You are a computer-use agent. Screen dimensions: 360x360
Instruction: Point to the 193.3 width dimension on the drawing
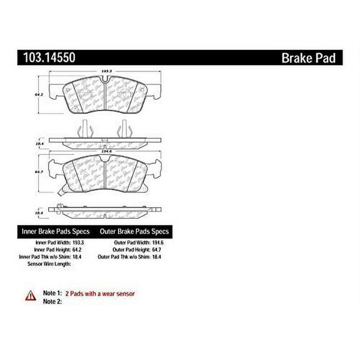(x=107, y=71)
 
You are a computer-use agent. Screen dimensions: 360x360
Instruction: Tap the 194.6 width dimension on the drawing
(x=107, y=151)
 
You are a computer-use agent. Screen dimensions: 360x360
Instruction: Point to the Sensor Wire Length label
(x=49, y=264)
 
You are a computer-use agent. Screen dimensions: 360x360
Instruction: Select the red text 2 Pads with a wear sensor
(x=100, y=293)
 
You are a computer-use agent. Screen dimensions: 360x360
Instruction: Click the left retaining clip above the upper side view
(x=82, y=130)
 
